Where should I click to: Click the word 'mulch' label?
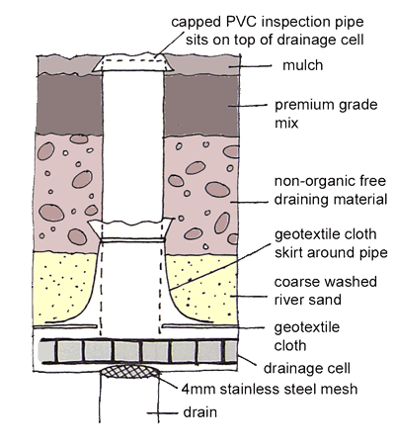click(x=303, y=65)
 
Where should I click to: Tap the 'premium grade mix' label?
click(x=326, y=114)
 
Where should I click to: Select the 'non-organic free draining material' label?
click(x=330, y=190)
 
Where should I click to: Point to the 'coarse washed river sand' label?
click(x=325, y=291)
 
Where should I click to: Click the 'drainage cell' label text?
click(x=307, y=368)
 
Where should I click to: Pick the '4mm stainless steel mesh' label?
click(x=270, y=389)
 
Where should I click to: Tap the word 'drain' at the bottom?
click(x=199, y=412)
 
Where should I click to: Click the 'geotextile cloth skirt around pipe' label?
click(x=331, y=243)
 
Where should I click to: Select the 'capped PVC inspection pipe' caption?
click(x=268, y=22)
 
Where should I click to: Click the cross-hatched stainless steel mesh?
click(x=130, y=371)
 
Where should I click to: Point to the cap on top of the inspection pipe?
click(x=133, y=62)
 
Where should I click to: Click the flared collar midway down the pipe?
click(x=130, y=228)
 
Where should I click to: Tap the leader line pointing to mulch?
click(x=251, y=66)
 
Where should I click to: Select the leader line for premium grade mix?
click(x=247, y=106)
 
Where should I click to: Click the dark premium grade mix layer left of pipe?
click(x=68, y=104)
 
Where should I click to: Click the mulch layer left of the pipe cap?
click(x=67, y=65)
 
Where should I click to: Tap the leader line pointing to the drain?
click(x=163, y=412)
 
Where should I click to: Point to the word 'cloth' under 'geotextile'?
click(x=290, y=345)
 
